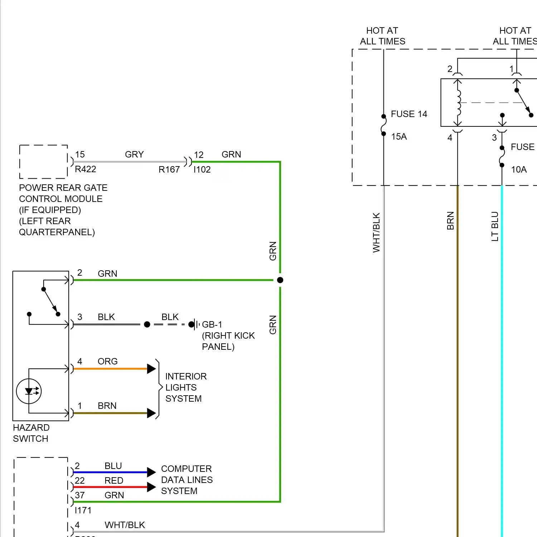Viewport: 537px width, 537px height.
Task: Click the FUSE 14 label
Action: [x=409, y=114]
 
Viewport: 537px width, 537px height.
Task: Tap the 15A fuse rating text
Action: [x=399, y=137]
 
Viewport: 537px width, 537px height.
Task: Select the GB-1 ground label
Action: [x=212, y=325]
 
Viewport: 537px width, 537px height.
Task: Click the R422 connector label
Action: [x=86, y=169]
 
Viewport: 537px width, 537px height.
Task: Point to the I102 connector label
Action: [x=202, y=170]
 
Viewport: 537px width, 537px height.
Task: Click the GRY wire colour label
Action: [x=134, y=155]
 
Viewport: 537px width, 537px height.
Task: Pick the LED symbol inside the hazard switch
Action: [x=29, y=391]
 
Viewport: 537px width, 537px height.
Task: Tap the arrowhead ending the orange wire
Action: [x=151, y=369]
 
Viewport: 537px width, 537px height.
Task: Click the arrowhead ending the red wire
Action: [x=151, y=487]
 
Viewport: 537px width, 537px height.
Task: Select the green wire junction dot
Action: [x=280, y=280]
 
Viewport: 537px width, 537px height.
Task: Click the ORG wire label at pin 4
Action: [x=107, y=362]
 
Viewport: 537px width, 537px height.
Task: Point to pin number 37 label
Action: [x=80, y=495]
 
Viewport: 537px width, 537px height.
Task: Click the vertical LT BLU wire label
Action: [x=495, y=226]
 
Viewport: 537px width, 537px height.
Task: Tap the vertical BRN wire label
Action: [x=450, y=221]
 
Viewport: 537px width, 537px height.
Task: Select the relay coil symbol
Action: [x=458, y=102]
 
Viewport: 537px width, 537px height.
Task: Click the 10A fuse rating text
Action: [x=519, y=170]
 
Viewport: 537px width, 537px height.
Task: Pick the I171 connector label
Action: [x=83, y=511]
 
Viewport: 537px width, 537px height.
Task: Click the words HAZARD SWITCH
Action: [x=31, y=433]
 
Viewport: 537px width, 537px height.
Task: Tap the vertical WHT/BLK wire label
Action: [x=376, y=233]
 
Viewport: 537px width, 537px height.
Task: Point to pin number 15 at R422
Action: [x=80, y=155]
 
